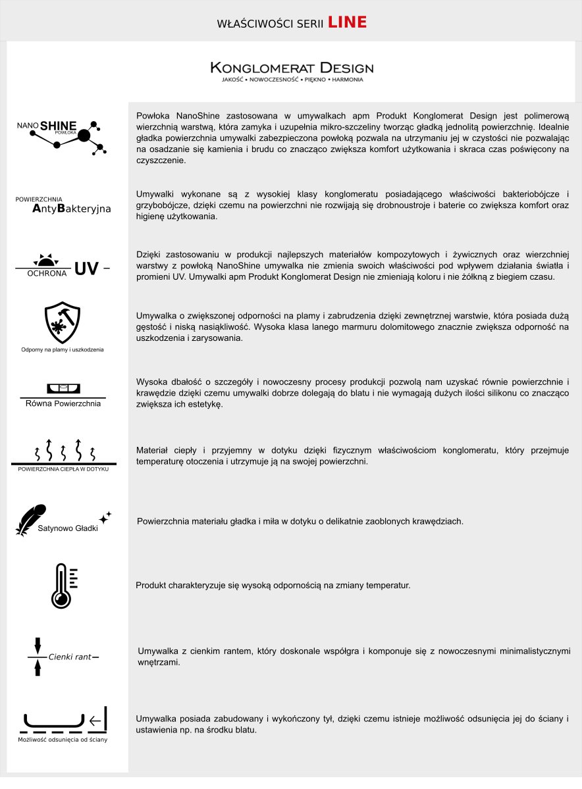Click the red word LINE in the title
coord(347,22)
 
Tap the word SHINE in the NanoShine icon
coord(59,126)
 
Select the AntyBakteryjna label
coord(71,209)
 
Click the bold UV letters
coord(86,268)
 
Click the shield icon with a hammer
coord(63,322)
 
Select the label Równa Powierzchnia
coord(63,403)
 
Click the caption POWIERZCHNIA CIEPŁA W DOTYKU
coord(63,469)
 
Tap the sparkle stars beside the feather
coord(105,517)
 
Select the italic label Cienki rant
coord(69,657)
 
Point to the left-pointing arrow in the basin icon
coord(95,721)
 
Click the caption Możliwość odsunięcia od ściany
coord(63,740)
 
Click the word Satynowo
coord(55,528)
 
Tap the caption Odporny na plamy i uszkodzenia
coord(63,349)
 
